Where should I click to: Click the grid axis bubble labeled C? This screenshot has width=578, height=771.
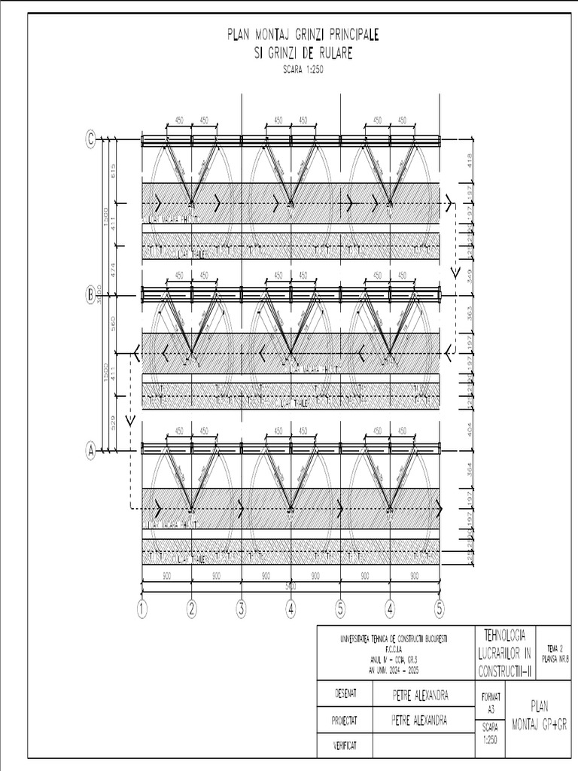point(91,139)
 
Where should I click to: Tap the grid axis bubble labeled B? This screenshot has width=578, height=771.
point(91,296)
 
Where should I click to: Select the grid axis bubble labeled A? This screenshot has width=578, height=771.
point(91,451)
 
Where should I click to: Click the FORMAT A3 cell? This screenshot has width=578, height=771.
point(491,703)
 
